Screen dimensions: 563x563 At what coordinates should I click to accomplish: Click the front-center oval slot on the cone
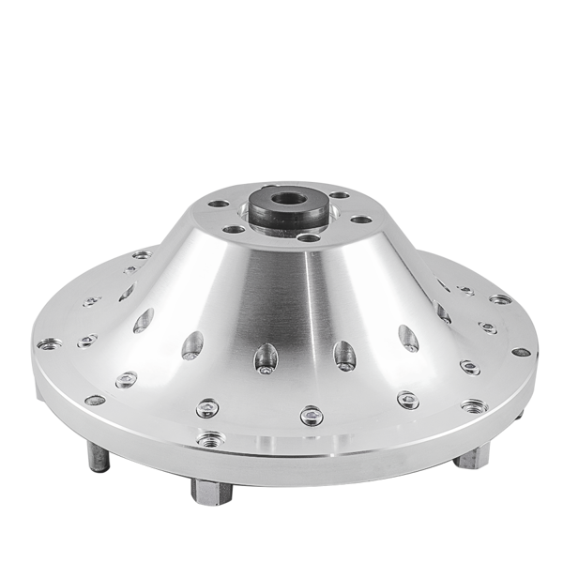tap(265, 358)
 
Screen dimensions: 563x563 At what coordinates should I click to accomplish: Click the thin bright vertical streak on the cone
tap(310, 310)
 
